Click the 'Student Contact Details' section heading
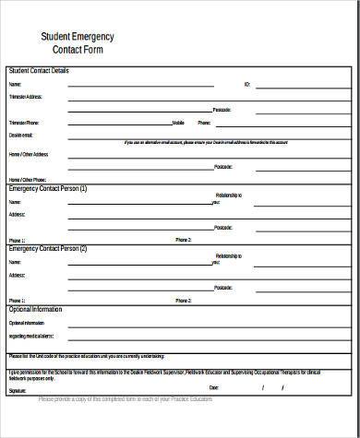tap(38, 71)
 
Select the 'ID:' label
tap(246, 83)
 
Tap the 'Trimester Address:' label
tap(25, 96)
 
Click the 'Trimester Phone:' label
tap(23, 122)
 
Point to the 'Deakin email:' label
tap(19, 134)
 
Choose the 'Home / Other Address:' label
tap(28, 154)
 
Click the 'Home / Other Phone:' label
tap(26, 179)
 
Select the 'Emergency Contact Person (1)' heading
tap(48, 188)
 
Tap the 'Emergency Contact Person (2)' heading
tap(48, 248)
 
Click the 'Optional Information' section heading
tap(36, 309)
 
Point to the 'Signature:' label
tap(18, 391)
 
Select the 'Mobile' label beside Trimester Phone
tap(178, 122)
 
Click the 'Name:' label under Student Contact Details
tap(14, 83)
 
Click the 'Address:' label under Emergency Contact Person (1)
tap(17, 214)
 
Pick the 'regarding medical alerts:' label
tap(31, 337)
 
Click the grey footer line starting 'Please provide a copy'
tap(125, 398)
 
